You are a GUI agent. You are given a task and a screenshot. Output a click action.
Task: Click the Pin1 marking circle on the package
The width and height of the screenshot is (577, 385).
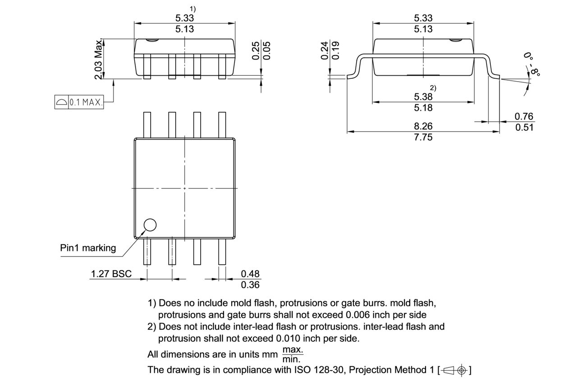tap(149, 225)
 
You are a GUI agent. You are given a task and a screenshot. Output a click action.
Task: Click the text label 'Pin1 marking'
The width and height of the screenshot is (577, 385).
tap(88, 248)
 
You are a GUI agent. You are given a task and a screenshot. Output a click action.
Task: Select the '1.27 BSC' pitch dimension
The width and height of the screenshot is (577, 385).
tap(111, 274)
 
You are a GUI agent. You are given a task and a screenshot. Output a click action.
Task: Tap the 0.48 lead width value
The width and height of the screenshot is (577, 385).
tap(250, 274)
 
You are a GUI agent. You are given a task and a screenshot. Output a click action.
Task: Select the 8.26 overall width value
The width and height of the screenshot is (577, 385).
tap(423, 126)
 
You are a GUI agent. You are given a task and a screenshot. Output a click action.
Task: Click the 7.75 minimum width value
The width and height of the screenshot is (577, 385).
tap(423, 137)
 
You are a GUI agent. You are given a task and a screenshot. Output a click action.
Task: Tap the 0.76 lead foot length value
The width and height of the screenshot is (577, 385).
tap(524, 116)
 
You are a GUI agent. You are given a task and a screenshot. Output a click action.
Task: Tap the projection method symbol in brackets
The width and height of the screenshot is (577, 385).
tap(454, 371)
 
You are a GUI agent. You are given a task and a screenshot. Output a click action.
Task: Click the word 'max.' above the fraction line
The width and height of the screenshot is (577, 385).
tap(293, 350)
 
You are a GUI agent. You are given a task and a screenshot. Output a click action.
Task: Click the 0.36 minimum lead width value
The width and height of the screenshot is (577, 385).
tap(250, 285)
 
